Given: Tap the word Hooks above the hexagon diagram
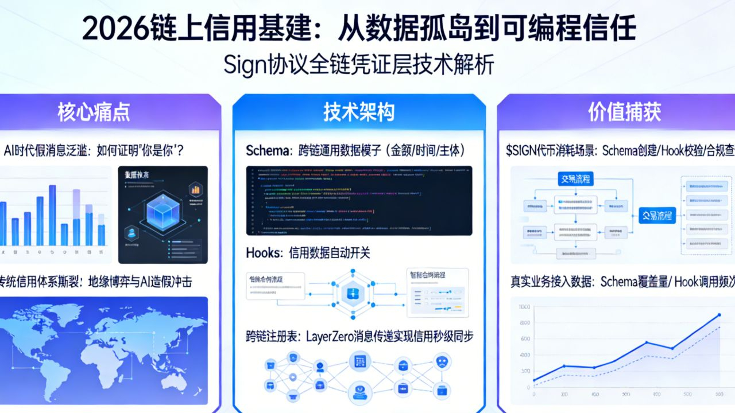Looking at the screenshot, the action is click(264, 252).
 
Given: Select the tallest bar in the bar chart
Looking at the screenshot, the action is click(52, 215).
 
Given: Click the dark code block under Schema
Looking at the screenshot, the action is click(359, 200).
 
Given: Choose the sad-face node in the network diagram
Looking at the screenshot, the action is click(442, 363).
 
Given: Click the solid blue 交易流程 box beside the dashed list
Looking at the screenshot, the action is click(657, 216).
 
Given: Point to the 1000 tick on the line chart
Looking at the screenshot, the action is click(523, 307).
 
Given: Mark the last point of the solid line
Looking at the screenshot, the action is click(718, 315).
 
